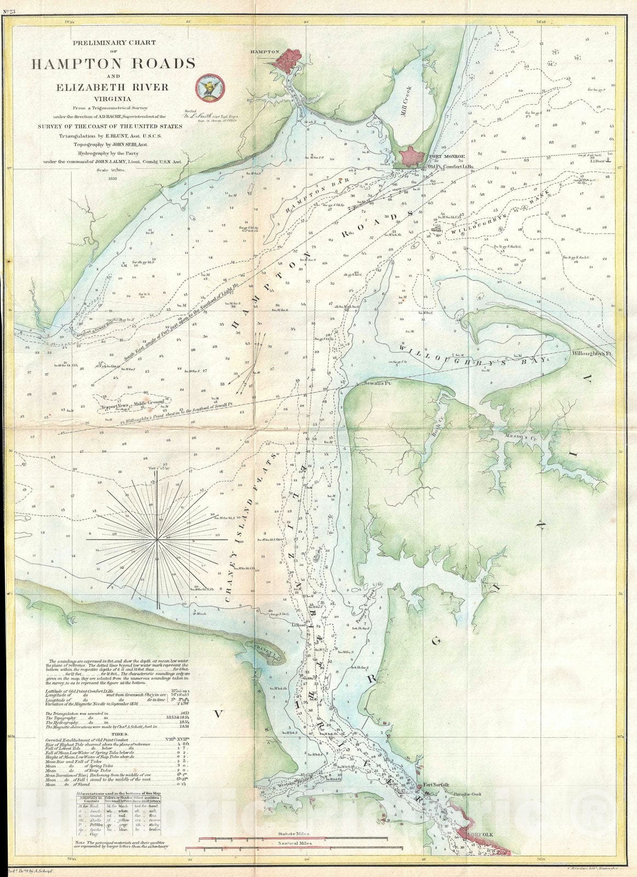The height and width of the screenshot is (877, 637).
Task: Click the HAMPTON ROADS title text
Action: coord(113,64)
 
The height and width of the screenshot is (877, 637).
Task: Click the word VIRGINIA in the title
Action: coord(113,99)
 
